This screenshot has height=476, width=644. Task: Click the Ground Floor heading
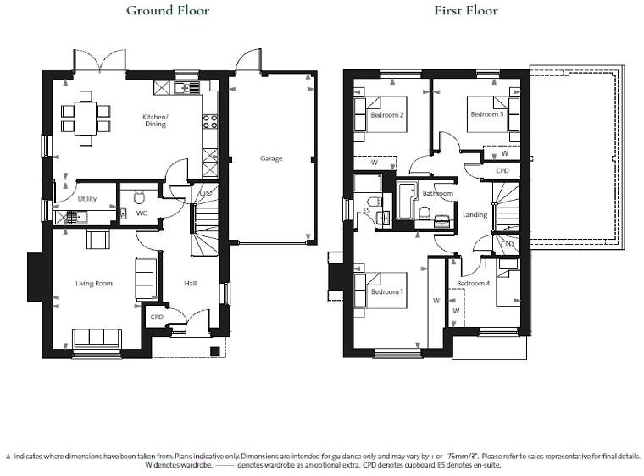(167, 11)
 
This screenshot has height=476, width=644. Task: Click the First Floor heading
(466, 11)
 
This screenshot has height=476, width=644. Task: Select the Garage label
(271, 158)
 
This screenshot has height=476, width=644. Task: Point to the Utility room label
(86, 199)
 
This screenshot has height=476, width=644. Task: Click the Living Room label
(94, 283)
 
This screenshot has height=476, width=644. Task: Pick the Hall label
(191, 283)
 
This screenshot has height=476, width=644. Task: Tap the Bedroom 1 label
(387, 291)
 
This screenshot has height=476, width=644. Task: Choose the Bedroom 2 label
(386, 114)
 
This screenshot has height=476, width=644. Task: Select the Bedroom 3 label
(487, 113)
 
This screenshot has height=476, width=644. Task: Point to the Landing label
(475, 214)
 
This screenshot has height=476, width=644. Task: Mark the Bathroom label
(438, 194)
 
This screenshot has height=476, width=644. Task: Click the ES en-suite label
(366, 211)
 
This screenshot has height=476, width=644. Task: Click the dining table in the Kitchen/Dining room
(86, 117)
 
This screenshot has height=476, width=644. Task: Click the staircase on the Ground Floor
(206, 229)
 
